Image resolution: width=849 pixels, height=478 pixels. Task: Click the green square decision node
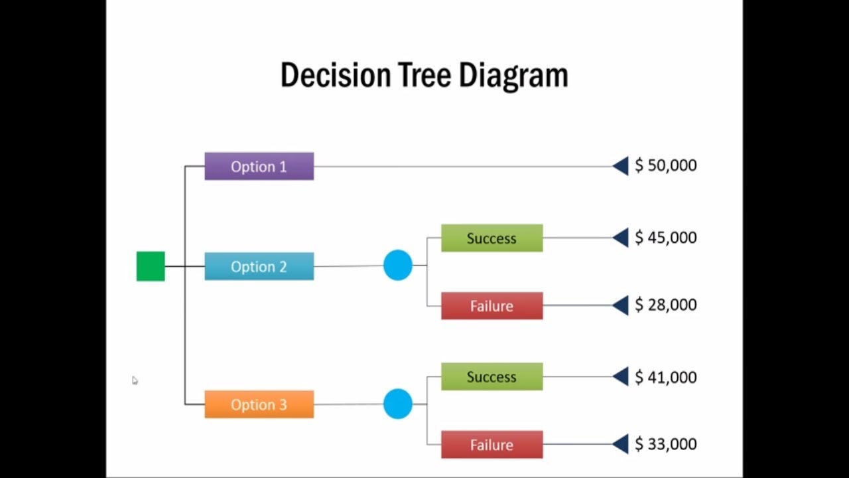click(151, 266)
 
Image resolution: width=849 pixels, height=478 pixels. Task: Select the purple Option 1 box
click(259, 167)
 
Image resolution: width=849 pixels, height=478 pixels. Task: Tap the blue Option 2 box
click(259, 266)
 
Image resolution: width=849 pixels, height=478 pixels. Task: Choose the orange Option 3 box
click(259, 404)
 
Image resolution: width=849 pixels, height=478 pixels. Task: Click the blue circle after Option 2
click(398, 266)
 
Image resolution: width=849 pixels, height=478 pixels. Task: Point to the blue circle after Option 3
click(398, 404)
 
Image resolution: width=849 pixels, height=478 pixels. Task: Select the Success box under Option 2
click(491, 238)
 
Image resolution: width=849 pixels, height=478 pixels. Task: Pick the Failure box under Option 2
click(491, 306)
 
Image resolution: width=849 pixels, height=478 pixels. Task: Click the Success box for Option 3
click(491, 376)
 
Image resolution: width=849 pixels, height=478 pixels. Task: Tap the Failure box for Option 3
click(491, 445)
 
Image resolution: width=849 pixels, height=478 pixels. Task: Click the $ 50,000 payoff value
click(665, 165)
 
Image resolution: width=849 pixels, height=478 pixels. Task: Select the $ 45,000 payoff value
click(665, 237)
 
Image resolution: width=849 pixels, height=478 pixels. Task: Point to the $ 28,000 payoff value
click(665, 305)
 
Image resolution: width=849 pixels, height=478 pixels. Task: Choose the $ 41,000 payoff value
click(665, 377)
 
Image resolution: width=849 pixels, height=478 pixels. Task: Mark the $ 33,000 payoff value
click(665, 444)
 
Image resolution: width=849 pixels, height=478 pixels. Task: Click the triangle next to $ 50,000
click(621, 166)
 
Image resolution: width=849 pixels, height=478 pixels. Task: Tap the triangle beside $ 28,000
click(621, 305)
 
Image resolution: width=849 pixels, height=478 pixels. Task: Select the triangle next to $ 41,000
click(621, 376)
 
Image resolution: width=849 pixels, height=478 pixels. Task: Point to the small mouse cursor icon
click(135, 380)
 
